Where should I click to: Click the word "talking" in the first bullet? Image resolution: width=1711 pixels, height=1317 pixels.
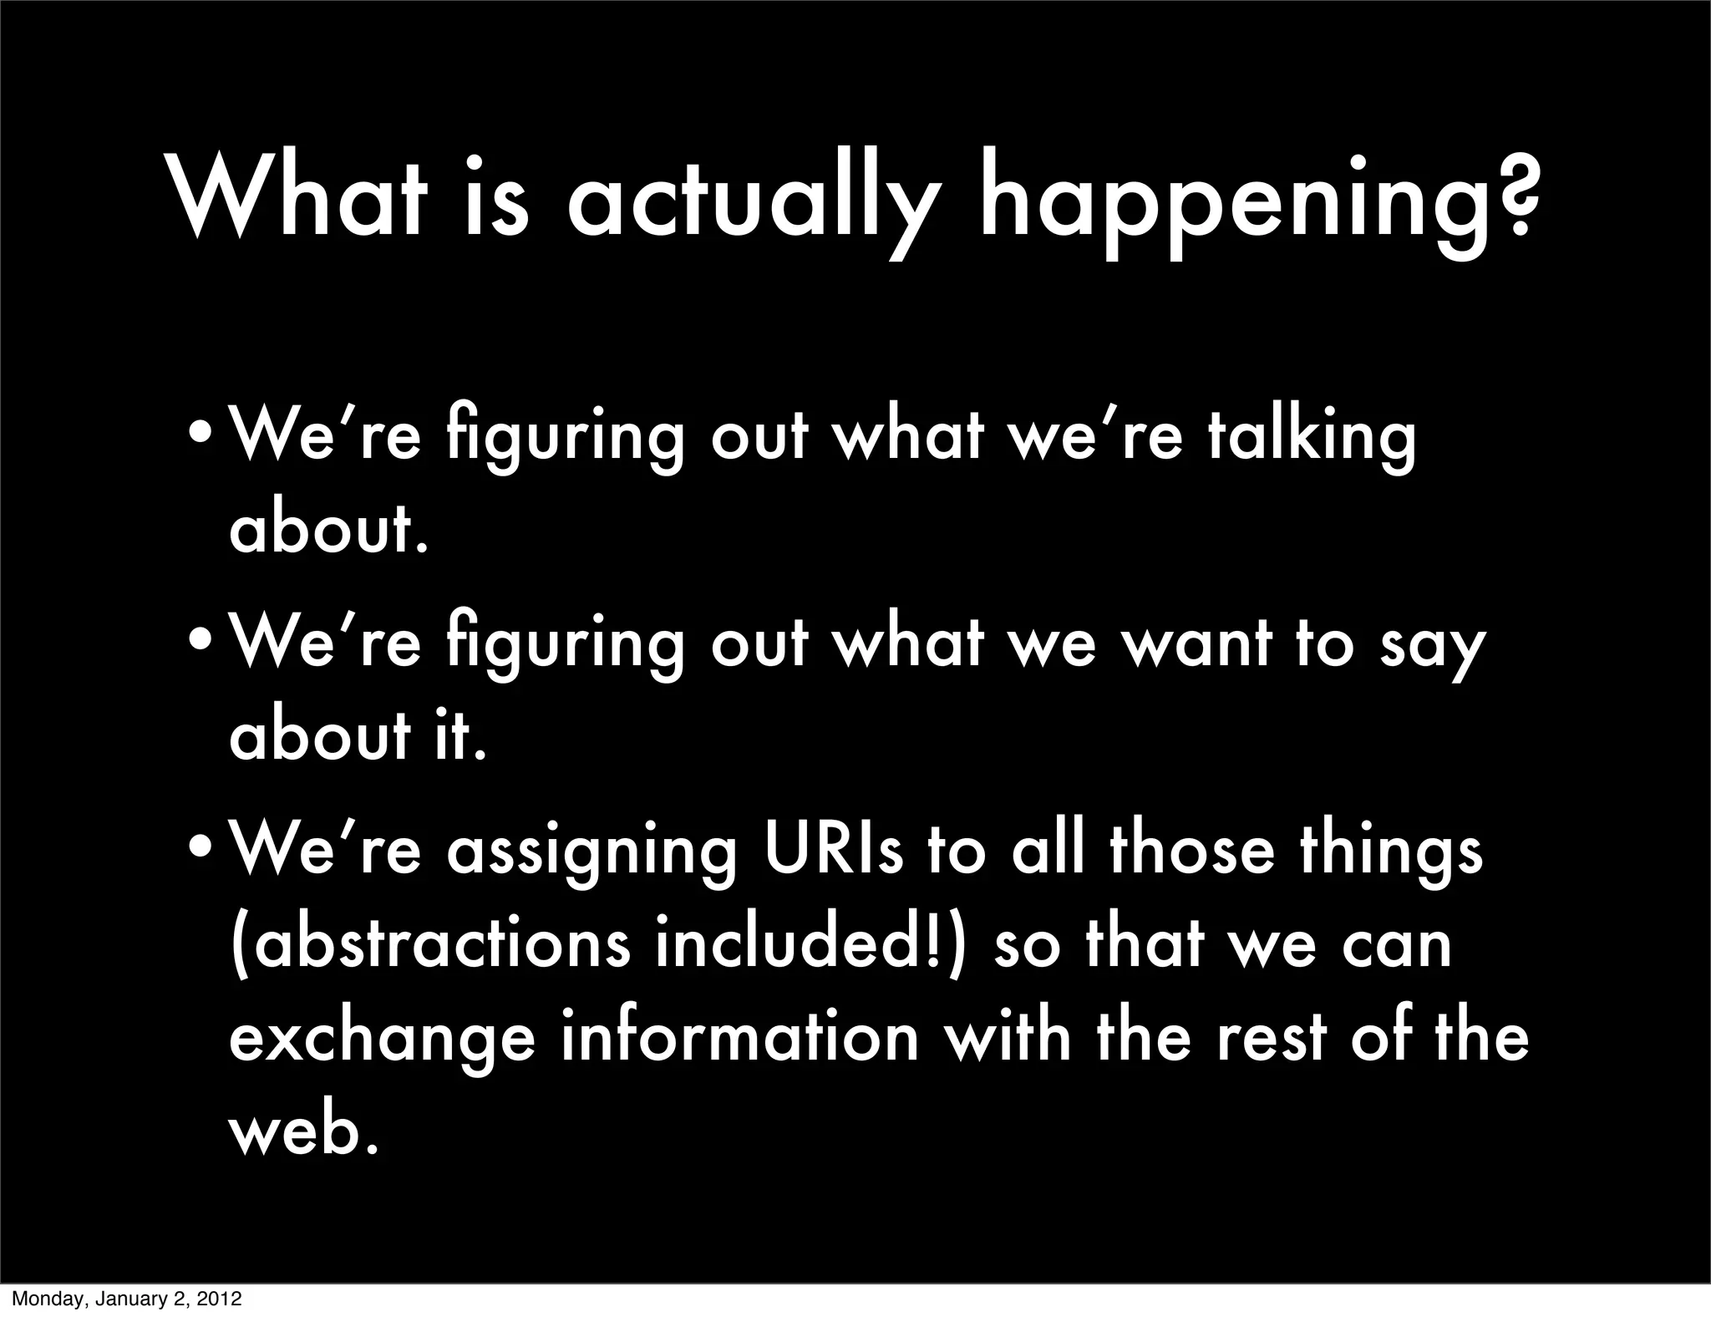pos(1312,436)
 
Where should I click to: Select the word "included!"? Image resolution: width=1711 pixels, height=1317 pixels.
pos(810,943)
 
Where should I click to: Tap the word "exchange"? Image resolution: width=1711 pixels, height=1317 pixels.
pos(381,1038)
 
